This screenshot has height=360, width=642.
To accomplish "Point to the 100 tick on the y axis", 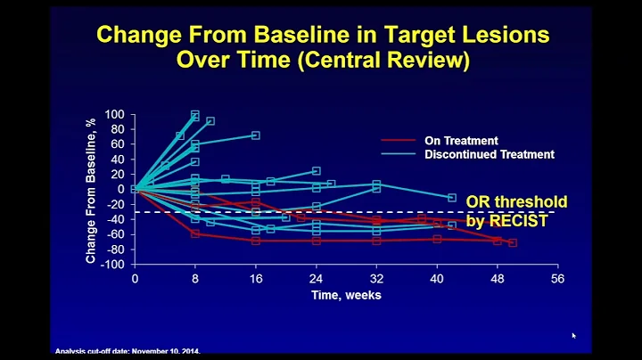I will point(114,115).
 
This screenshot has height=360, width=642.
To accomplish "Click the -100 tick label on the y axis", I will point(111,265).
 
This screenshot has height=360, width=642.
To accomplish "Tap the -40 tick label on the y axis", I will point(114,219).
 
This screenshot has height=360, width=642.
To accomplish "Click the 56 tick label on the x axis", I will point(557,279).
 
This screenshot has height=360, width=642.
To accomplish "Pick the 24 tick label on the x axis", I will point(316,279).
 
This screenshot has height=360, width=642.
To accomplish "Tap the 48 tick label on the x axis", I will point(497,279).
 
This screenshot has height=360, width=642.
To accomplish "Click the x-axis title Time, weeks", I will point(346,295).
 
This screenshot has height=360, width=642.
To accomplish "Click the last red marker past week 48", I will point(512,242).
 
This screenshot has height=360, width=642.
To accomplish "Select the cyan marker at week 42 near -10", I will point(451,198).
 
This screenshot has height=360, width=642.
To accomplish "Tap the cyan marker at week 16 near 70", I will point(255,135).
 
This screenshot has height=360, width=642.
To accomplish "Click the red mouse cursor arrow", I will point(573,336).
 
